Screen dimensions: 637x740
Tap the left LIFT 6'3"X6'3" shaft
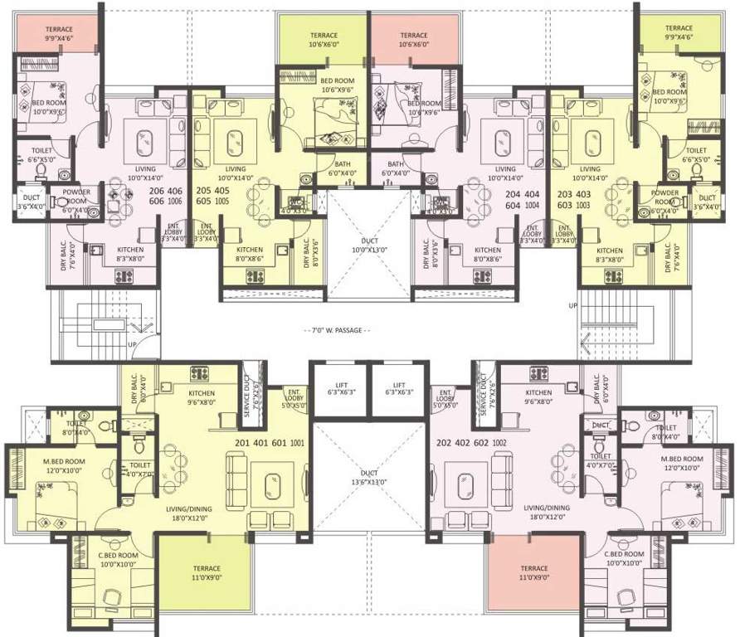pyautogui.click(x=340, y=389)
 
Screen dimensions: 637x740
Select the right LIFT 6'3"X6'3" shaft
pyautogui.click(x=397, y=389)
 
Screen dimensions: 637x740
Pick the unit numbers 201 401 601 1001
pyautogui.click(x=270, y=443)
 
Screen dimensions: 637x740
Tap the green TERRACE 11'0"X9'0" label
pyautogui.click(x=202, y=573)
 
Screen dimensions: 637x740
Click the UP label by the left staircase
pyautogui.click(x=133, y=343)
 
